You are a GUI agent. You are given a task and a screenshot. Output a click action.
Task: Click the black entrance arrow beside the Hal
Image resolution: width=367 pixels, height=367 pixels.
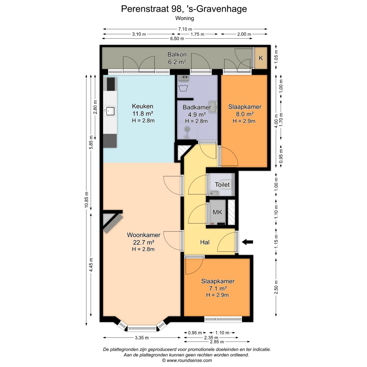point(247,242)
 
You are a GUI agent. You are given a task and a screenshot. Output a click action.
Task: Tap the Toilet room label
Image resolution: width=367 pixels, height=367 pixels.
point(222,185)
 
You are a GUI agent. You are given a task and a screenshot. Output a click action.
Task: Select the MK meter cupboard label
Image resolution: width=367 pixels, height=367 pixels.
point(217,212)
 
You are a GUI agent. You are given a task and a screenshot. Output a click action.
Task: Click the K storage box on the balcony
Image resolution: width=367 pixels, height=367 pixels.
point(261,58)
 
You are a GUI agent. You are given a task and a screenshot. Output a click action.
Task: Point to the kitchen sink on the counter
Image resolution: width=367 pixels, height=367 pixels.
point(110,111)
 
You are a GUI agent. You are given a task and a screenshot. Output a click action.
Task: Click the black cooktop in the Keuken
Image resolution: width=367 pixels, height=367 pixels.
point(111,84)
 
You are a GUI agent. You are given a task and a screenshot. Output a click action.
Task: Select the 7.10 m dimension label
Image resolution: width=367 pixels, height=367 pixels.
point(185,29)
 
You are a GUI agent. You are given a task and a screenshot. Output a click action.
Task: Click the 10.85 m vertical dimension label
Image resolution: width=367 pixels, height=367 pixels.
point(87,200)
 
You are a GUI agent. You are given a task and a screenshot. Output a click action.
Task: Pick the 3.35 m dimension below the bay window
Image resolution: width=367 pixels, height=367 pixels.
point(142,338)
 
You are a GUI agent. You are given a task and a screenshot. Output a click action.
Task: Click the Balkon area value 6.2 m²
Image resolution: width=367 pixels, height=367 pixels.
point(177,62)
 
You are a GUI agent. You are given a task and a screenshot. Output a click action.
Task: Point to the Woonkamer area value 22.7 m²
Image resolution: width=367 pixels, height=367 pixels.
point(143,242)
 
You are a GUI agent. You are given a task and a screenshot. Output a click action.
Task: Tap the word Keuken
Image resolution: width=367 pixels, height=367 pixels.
point(142,106)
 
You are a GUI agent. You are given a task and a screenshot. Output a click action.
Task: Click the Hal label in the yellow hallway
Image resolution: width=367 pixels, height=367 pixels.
point(205,242)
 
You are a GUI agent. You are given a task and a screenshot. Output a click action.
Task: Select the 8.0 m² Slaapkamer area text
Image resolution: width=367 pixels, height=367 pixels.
point(245,114)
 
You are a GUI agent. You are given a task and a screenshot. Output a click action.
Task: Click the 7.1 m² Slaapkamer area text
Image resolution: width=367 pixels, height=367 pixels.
point(218,288)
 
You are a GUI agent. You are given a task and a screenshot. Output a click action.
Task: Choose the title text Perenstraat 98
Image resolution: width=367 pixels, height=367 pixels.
point(152,9)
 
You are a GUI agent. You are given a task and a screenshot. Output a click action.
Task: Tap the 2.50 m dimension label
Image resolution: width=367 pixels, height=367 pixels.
point(276,287)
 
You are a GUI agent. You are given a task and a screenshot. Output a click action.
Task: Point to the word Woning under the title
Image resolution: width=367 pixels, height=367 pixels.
point(185,18)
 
